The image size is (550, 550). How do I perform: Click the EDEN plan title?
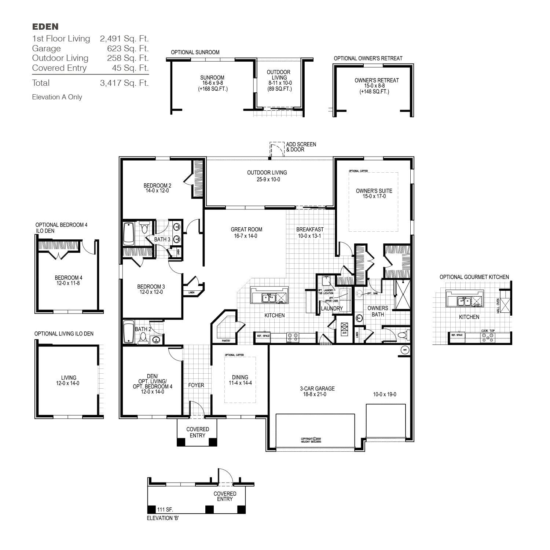[x=45, y=26]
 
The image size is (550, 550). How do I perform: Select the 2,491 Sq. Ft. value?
[x=124, y=38]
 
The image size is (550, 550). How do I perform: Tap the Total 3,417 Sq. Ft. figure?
[x=124, y=83]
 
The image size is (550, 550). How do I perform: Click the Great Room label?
[x=246, y=230]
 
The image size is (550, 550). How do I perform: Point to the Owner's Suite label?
[x=374, y=191]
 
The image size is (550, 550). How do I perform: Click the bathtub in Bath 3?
[x=129, y=234]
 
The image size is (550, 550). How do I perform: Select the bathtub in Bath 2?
[x=129, y=332]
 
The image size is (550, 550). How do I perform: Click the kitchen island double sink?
[x=269, y=298]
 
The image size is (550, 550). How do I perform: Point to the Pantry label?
[x=226, y=341]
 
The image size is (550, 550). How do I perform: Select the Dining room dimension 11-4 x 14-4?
[x=240, y=383]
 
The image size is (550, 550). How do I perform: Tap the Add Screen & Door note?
[x=301, y=147]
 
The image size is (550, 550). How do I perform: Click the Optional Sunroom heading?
[x=195, y=52]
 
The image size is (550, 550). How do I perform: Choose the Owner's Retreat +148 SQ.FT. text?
[x=374, y=92]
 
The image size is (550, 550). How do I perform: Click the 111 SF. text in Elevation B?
[x=165, y=510]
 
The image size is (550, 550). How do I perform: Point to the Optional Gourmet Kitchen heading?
[x=474, y=277]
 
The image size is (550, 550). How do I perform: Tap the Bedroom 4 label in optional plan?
[x=69, y=278]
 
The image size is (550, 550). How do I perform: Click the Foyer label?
[x=196, y=385]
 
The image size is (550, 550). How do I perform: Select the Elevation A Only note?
[x=57, y=97]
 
